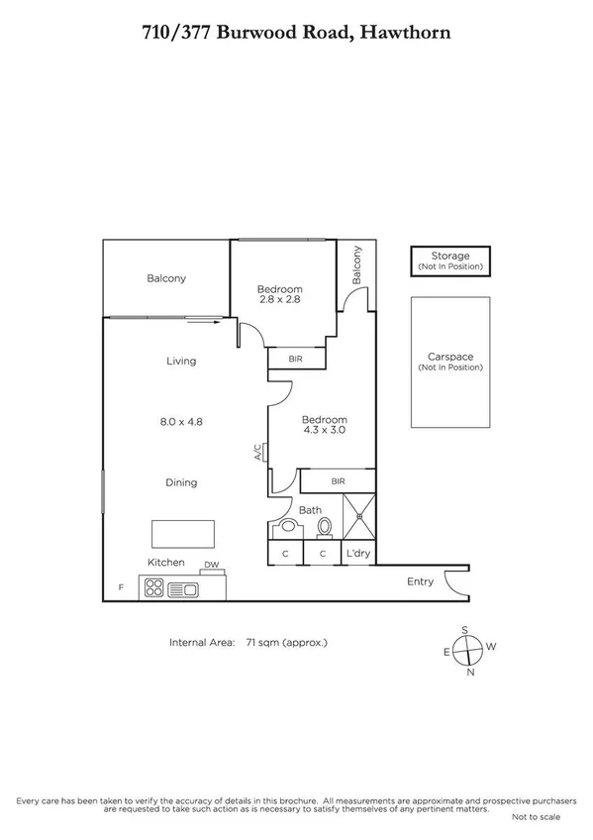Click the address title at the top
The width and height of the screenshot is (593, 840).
pyautogui.click(x=296, y=33)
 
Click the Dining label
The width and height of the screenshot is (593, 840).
pyautogui.click(x=180, y=482)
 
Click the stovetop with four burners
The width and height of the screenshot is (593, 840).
pyautogui.click(x=155, y=589)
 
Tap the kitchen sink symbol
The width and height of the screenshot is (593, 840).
pyautogui.click(x=184, y=589)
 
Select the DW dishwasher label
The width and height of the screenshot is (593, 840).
pyautogui.click(x=211, y=566)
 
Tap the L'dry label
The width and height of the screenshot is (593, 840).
pyautogui.click(x=357, y=554)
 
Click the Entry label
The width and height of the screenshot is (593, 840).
pyautogui.click(x=421, y=581)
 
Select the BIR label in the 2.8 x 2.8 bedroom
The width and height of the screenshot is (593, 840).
pyautogui.click(x=295, y=359)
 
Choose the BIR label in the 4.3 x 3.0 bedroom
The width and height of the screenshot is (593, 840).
pyautogui.click(x=338, y=481)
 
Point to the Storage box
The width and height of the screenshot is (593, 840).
pyautogui.click(x=450, y=262)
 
